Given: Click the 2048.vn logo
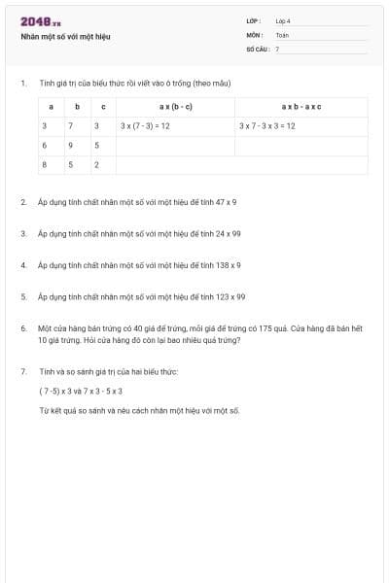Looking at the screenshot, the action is coord(40,21).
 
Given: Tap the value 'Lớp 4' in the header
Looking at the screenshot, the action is coord(283,20).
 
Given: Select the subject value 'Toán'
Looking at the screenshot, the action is coord(282,34).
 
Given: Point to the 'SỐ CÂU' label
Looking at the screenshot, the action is coord(256,48).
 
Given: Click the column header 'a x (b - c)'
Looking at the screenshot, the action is coord(175,106).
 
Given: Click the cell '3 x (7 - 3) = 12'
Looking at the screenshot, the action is coord(146,126).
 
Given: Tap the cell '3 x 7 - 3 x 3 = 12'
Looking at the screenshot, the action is coord(267,126).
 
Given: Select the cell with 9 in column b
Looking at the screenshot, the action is coord(69,146).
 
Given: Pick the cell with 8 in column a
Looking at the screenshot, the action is coord(44,165).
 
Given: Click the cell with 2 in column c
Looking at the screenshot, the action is coord(96,165).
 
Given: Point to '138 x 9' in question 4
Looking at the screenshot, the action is coord(228,264).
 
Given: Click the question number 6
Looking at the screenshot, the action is coord(22,328).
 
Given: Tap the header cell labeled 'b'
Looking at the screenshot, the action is coord(77,106).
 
